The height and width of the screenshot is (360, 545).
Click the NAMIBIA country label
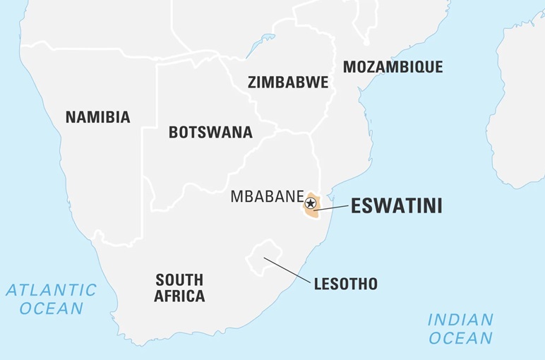97,117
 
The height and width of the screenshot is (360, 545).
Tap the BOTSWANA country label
210,132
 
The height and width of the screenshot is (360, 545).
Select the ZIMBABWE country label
287,82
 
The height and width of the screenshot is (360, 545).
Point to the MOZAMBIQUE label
393,67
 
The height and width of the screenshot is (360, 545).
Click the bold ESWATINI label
396,206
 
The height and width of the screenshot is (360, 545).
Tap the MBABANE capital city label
266,197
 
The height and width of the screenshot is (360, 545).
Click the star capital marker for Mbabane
310,203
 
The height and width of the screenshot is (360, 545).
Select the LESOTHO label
346,284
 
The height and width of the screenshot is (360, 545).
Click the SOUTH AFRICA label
179,287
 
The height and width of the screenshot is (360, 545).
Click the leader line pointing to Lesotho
287,270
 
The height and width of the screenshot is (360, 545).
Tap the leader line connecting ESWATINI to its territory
332,208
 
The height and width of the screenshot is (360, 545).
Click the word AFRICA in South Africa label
179,296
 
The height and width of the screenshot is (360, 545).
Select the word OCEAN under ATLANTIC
51,308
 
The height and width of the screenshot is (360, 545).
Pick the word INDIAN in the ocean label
460,320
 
